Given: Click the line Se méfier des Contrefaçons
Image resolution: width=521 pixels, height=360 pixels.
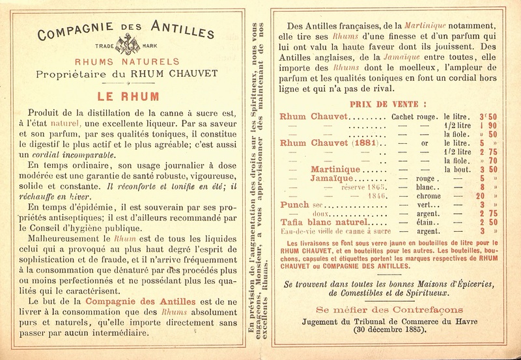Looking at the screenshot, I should pos(389,309).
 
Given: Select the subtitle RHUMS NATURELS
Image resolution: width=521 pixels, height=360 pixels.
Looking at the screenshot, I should pos(127,62).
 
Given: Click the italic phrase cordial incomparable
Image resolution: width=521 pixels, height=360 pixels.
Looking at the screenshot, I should pos(85,155).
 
